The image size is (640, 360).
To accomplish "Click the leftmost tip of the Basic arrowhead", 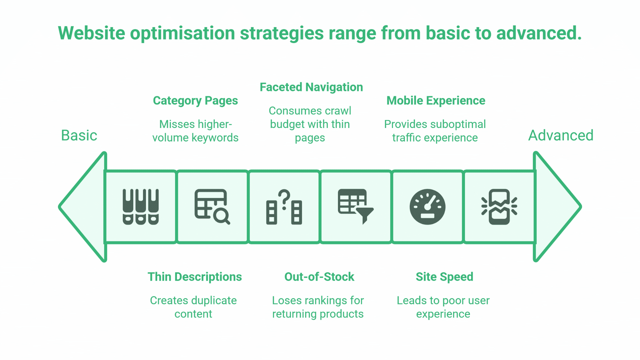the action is click(x=59, y=207).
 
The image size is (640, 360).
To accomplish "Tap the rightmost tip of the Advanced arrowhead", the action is click(x=581, y=207).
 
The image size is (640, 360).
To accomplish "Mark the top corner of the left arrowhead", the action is click(x=105, y=153).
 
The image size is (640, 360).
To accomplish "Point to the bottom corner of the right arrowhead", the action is click(x=535, y=261).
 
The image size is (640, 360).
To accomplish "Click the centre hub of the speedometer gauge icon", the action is click(x=428, y=207).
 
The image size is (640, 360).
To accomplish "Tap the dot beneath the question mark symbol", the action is click(x=284, y=208).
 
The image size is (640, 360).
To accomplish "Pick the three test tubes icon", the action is click(x=141, y=207).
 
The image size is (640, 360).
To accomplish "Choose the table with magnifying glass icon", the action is click(x=212, y=207).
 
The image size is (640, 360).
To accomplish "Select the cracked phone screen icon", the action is click(x=499, y=207).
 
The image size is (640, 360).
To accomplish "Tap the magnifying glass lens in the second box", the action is click(x=221, y=216).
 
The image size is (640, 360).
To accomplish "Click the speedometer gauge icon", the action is click(x=428, y=207).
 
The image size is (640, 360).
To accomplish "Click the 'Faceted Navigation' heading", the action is click(x=311, y=87).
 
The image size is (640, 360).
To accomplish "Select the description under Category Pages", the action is click(x=195, y=131).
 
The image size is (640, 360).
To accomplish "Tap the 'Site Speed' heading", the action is click(x=444, y=277).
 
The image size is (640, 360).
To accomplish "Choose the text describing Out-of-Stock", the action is click(x=318, y=307).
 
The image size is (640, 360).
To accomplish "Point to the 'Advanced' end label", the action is click(x=561, y=136).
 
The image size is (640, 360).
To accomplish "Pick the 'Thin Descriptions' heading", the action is click(x=195, y=277).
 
